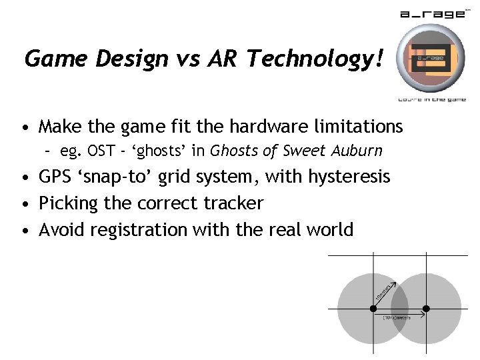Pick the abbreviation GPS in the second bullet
pos(58,177)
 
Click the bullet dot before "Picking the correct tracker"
pos(25,204)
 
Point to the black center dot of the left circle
pos(373,308)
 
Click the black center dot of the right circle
pos(427,308)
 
